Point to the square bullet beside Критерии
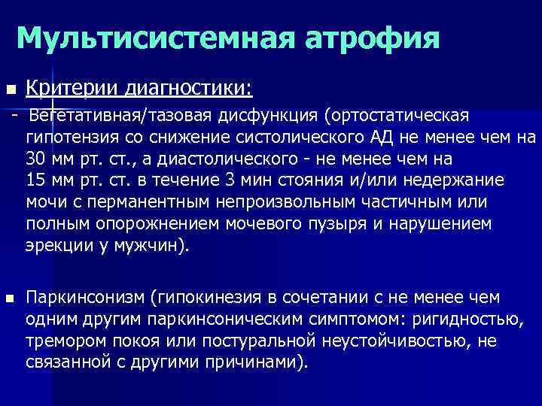(x=9, y=90)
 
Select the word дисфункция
(x=268, y=117)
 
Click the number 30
(x=35, y=159)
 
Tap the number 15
(x=35, y=181)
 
